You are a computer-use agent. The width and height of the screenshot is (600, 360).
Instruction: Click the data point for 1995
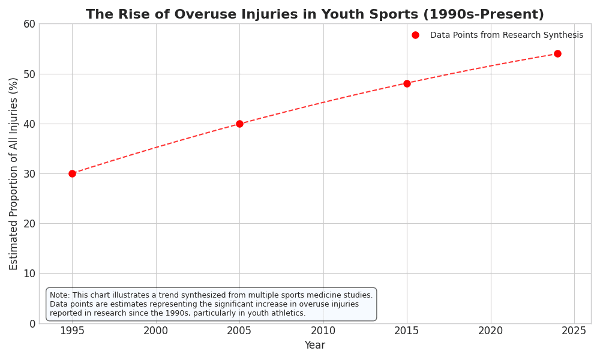point(72,173)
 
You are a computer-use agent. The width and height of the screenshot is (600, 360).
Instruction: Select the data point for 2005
point(239,124)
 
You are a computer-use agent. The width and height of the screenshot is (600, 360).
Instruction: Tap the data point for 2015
point(407,83)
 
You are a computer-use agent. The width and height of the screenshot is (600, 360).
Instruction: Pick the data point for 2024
point(557,53)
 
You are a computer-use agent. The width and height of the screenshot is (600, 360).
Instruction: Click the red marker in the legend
point(415,35)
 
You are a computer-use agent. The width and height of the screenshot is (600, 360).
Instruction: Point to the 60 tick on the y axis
point(29,24)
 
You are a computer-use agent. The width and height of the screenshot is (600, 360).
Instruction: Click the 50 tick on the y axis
point(29,74)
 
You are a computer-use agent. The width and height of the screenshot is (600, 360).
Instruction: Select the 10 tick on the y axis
point(29,274)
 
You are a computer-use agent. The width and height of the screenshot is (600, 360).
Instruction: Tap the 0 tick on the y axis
point(32,323)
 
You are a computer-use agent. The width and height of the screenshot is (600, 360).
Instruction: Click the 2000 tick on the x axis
point(156,331)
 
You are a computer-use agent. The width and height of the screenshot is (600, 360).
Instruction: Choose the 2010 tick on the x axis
point(323,331)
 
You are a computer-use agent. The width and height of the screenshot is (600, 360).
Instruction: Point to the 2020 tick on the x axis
point(491,331)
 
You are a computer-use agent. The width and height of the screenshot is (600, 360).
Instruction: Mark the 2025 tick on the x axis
point(574,331)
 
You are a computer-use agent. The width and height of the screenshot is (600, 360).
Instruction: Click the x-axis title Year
point(315,346)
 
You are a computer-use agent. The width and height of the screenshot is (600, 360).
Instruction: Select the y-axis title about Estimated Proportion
point(14,173)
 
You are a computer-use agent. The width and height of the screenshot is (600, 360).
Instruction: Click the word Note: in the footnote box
point(61,295)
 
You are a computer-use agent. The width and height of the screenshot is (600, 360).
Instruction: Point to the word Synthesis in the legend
point(563,35)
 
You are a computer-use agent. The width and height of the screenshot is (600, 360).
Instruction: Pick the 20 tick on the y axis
point(29,223)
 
